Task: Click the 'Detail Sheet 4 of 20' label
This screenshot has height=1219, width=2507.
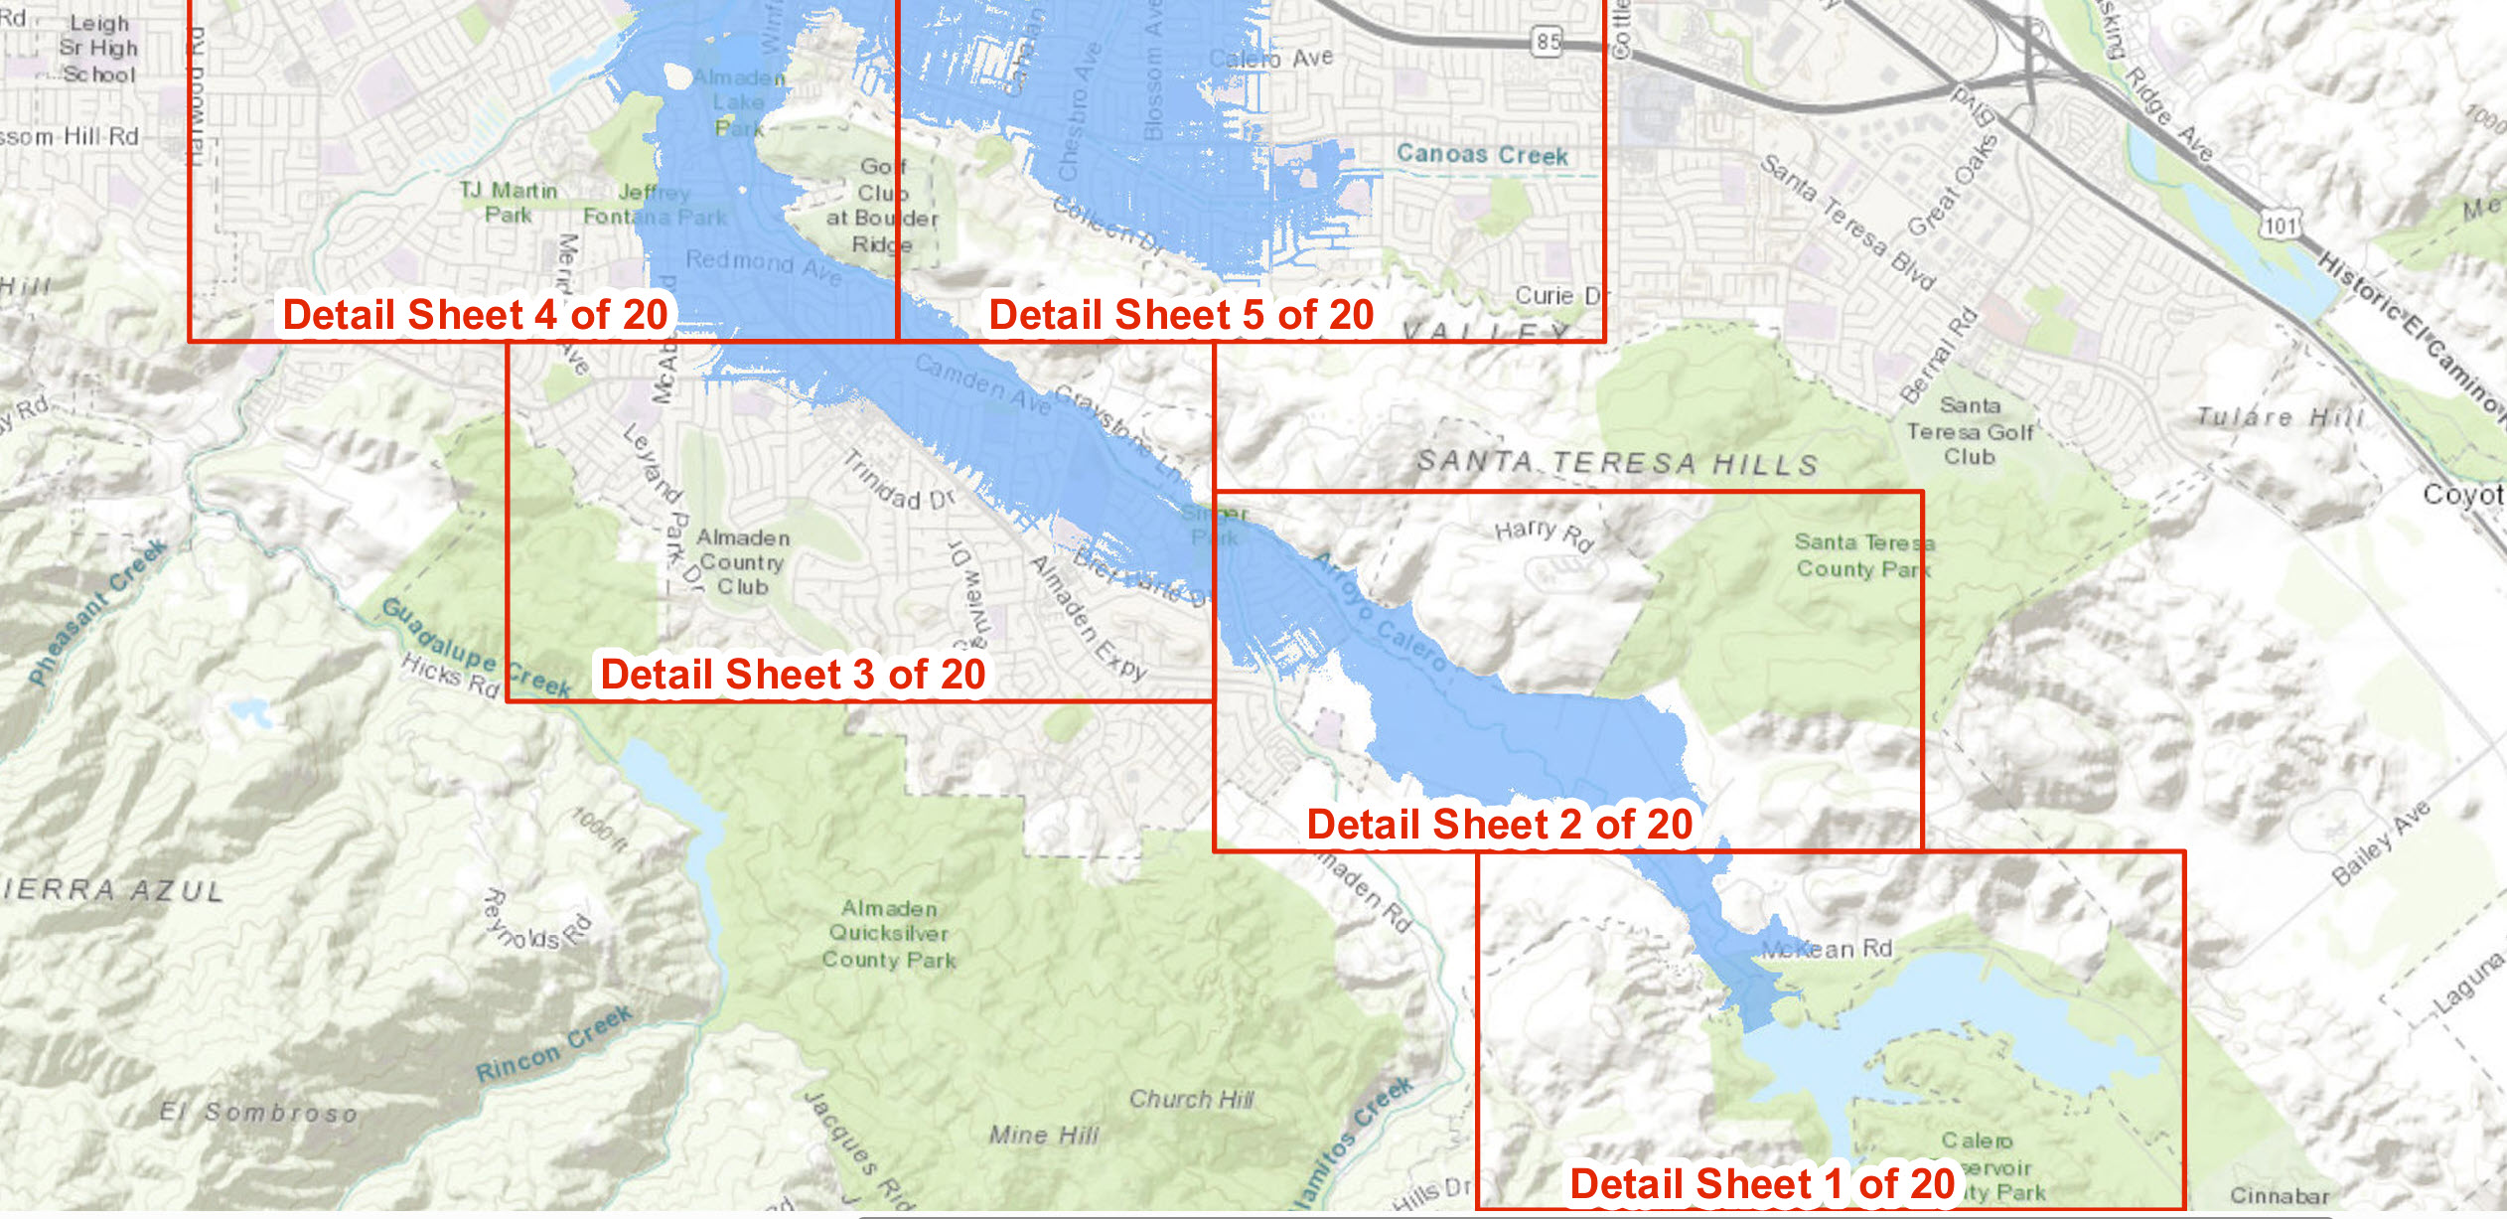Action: click(x=475, y=315)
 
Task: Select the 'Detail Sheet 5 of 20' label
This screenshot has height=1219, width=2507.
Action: click(x=1181, y=315)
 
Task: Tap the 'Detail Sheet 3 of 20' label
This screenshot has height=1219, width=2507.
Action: click(x=793, y=675)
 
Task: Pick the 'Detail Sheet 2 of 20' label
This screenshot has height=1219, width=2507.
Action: click(x=1499, y=825)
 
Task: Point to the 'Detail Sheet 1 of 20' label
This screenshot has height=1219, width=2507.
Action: click(x=1762, y=1184)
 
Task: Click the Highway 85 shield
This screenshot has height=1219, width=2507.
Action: click(x=1548, y=42)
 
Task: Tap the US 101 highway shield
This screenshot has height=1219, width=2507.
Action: click(x=2280, y=226)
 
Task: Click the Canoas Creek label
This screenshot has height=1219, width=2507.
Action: click(x=1482, y=154)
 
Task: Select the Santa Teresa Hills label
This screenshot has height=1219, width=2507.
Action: click(x=1617, y=463)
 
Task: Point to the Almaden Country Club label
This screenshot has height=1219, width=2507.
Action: click(x=743, y=562)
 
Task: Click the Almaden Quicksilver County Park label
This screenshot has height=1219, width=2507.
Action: click(x=889, y=934)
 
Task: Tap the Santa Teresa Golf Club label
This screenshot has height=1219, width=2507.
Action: click(x=1970, y=431)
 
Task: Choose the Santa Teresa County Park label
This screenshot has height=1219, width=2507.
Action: click(x=1863, y=555)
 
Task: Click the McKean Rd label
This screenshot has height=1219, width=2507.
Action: click(x=1827, y=949)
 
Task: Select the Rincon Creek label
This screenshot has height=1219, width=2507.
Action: click(x=553, y=1044)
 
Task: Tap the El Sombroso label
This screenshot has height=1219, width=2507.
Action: click(x=258, y=1112)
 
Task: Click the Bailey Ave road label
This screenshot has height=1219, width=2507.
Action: click(x=2381, y=842)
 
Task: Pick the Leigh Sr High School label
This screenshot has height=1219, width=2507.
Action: click(x=98, y=48)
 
